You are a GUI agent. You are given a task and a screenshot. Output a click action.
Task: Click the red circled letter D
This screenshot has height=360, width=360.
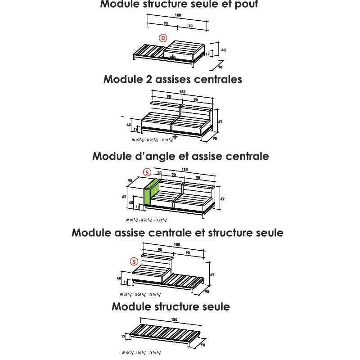163,38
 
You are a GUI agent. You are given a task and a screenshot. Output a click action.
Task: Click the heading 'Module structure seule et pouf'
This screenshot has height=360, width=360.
179,5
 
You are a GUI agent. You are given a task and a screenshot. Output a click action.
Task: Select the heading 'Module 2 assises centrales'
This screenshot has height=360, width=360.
173,79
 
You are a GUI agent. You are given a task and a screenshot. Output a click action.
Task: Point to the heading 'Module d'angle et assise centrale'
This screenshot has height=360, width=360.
180,156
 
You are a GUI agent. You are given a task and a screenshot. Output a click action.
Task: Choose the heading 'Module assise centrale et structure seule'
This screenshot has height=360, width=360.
177,233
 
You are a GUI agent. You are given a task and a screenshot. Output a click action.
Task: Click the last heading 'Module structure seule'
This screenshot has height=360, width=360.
171,306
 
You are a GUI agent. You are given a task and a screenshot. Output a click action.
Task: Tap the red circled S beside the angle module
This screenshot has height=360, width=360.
146,172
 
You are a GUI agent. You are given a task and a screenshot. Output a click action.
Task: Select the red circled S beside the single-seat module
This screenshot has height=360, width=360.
134,261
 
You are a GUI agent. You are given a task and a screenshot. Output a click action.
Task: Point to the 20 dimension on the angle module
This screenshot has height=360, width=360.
159,173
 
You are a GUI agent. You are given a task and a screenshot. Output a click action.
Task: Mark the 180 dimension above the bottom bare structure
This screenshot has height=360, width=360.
174,320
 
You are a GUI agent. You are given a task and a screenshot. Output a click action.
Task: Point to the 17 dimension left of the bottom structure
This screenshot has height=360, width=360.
123,336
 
